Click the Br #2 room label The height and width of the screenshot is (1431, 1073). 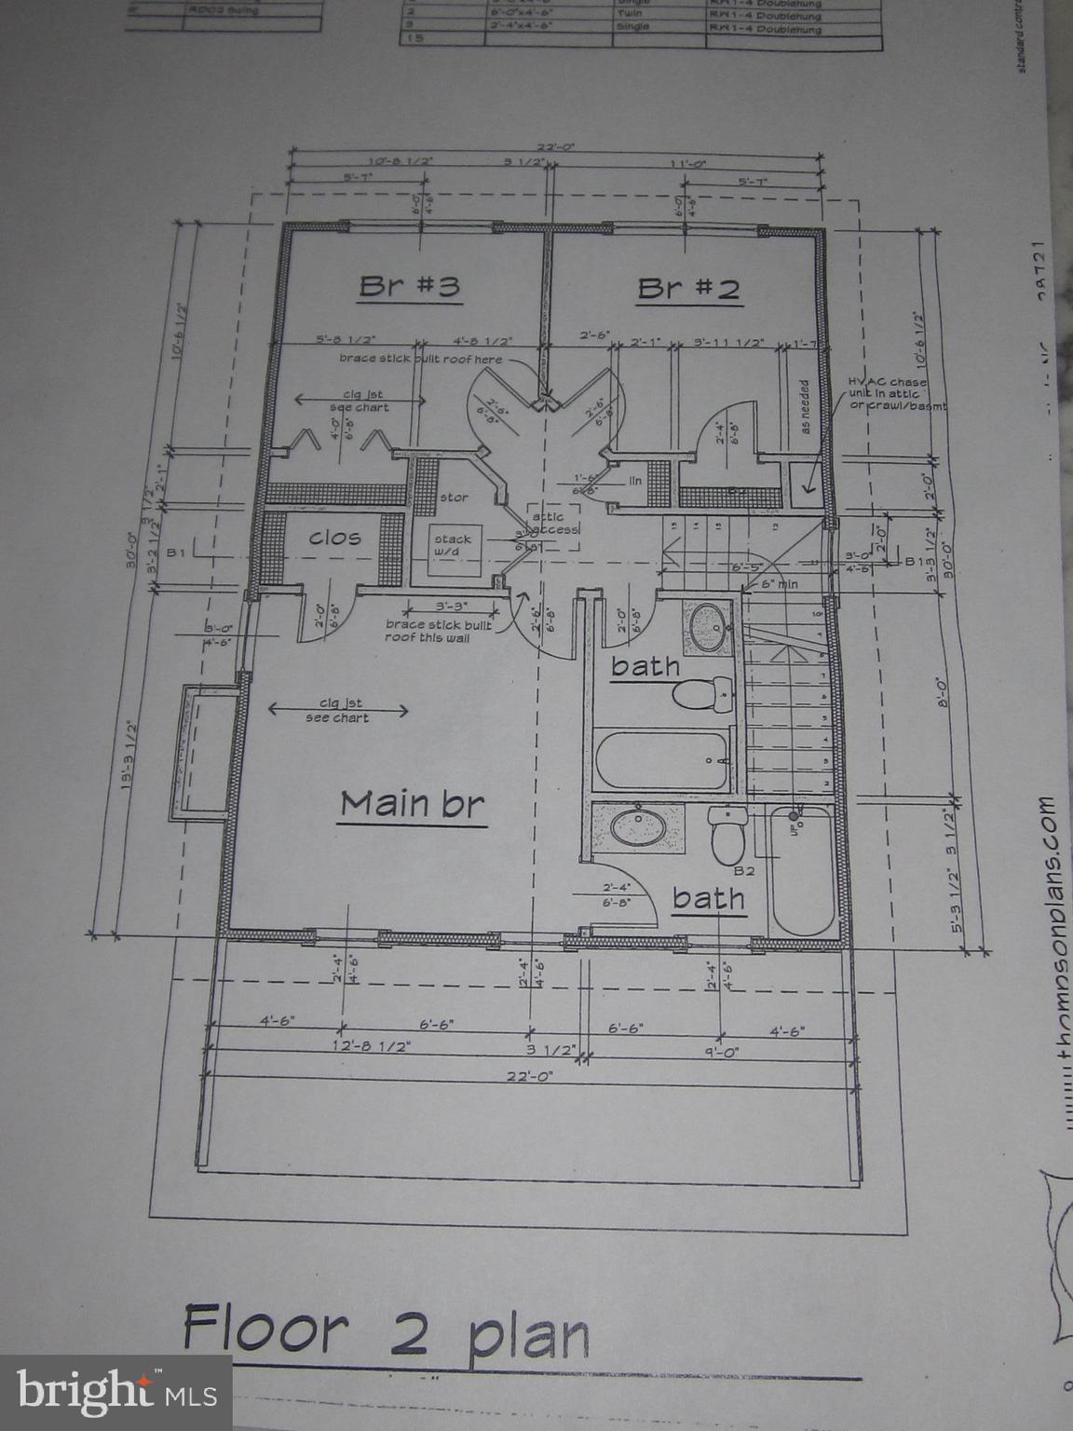pyautogui.click(x=688, y=288)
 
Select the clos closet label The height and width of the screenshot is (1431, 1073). pyautogui.click(x=334, y=538)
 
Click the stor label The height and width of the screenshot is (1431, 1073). pyautogui.click(x=454, y=497)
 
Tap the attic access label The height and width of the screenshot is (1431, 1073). pyautogui.click(x=554, y=522)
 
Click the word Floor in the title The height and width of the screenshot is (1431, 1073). pyautogui.click(x=265, y=1328)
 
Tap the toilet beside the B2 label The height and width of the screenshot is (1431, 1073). pyautogui.click(x=726, y=835)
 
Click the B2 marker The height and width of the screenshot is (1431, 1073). pyautogui.click(x=743, y=871)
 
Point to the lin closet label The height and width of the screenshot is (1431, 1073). pyautogui.click(x=635, y=481)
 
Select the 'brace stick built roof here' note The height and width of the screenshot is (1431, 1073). pyautogui.click(x=420, y=359)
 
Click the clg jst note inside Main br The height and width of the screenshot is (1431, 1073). pyautogui.click(x=337, y=710)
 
